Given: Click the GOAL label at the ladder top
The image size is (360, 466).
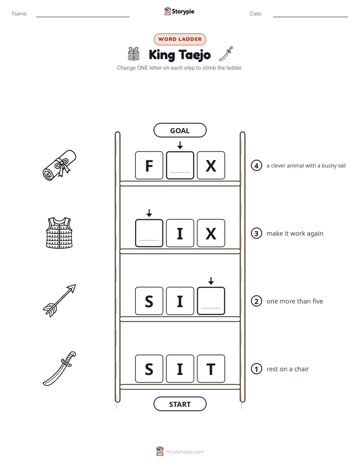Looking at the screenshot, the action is (180, 130).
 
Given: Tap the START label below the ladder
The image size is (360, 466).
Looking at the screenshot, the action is (180, 404).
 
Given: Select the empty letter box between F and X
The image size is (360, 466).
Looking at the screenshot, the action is (180, 165).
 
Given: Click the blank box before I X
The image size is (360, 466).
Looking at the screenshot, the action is (149, 233).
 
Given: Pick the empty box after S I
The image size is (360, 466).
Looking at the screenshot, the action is (211, 301).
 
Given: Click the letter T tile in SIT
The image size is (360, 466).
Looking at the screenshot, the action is (211, 369).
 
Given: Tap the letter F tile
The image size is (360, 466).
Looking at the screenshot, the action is (149, 165).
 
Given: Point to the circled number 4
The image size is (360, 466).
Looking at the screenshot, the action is (256, 165).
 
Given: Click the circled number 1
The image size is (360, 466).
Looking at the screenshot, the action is (256, 369).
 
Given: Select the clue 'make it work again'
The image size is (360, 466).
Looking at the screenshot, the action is (295, 234).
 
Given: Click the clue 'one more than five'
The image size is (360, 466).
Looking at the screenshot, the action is (294, 301).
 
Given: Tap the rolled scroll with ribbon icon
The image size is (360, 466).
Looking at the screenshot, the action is (59, 165).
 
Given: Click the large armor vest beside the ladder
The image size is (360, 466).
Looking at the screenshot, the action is (59, 232).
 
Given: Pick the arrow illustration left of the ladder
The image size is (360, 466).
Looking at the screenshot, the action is (59, 300).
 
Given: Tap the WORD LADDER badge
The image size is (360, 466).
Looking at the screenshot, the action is (180, 39).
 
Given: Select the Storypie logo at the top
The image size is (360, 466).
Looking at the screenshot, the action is (179, 11).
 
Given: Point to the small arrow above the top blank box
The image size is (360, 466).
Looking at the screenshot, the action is (180, 145).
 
